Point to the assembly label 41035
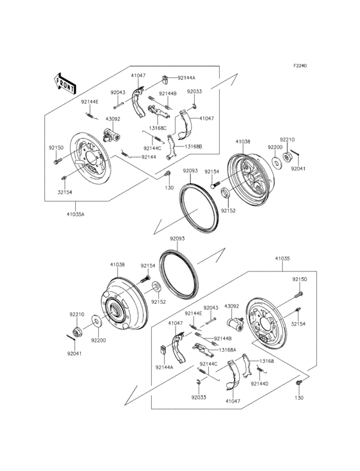(283, 259)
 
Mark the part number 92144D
(259, 383)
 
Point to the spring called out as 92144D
(260, 371)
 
